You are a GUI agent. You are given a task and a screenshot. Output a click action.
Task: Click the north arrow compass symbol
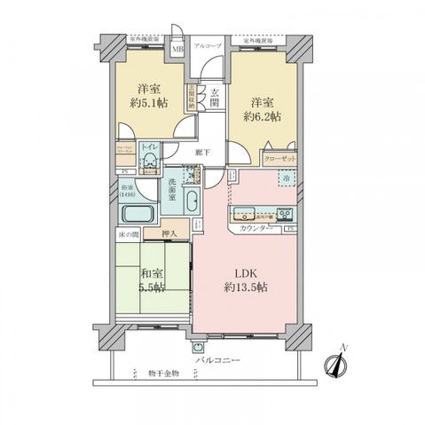[x=336, y=365]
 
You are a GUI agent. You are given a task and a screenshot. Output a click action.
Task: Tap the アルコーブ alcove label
[x=209, y=43]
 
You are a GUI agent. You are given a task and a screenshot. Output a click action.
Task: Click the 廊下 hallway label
[x=203, y=152]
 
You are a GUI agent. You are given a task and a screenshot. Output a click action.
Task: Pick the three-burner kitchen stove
[x=285, y=214]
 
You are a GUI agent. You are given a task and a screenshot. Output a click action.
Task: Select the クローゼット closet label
[x=279, y=157]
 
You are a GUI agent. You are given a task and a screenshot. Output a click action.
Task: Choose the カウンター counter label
[x=255, y=230]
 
